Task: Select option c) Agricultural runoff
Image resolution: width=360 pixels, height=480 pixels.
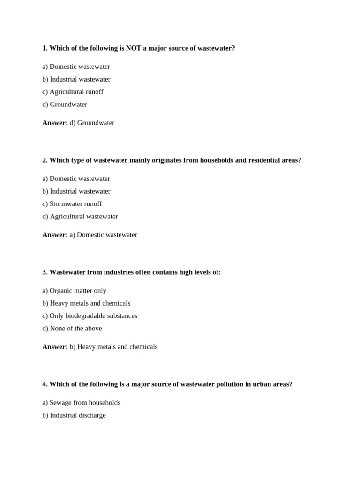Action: click(73, 92)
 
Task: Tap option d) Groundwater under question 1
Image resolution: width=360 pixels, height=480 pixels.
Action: click(65, 105)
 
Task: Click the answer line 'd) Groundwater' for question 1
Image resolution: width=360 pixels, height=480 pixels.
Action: click(92, 123)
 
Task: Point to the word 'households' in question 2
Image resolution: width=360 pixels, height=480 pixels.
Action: click(217, 160)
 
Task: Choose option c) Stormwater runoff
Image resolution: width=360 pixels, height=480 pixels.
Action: click(72, 204)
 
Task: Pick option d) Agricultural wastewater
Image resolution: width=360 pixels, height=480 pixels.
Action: click(80, 217)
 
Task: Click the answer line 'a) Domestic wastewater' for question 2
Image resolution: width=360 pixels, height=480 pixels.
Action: click(103, 235)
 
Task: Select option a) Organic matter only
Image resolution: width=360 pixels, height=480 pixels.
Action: click(74, 291)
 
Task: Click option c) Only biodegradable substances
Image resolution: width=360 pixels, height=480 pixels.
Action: click(90, 316)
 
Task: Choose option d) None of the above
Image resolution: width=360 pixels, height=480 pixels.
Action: click(72, 329)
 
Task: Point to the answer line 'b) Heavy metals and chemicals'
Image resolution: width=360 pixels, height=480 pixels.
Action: click(113, 347)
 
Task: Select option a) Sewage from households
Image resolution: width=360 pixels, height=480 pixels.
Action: click(81, 403)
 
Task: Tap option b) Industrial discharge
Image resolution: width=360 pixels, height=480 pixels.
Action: click(74, 415)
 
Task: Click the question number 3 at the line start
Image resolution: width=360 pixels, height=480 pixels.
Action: click(45, 272)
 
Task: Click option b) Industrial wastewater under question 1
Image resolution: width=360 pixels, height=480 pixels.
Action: click(76, 79)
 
